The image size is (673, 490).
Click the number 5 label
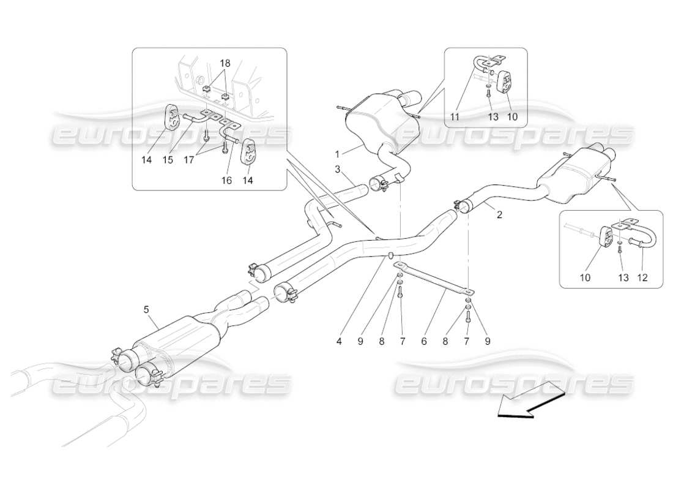(146, 310)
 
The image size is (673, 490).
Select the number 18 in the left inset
(226, 63)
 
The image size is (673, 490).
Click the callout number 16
(226, 181)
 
